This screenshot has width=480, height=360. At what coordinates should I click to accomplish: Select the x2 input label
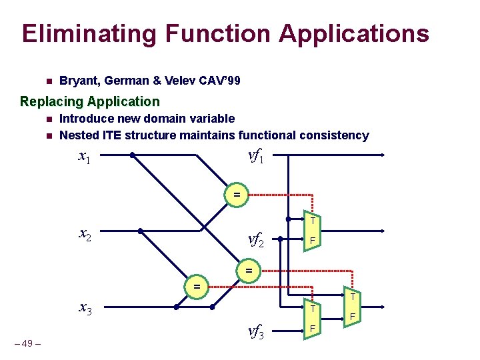[x=85, y=234]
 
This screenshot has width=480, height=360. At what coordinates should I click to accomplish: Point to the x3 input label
[x=85, y=309]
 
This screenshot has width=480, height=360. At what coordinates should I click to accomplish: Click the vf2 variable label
[x=256, y=239]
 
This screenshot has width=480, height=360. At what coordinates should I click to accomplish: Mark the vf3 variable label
[x=256, y=331]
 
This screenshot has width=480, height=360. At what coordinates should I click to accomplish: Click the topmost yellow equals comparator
[x=236, y=195]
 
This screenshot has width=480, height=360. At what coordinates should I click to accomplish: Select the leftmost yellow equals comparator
[x=197, y=286]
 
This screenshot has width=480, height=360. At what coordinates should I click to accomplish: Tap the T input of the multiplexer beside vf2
[x=312, y=221]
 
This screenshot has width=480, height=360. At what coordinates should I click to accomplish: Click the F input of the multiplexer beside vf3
[x=312, y=329]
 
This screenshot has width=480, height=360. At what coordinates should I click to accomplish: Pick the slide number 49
[x=27, y=343]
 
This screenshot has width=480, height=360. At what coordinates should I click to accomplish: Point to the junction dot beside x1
[x=133, y=156]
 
